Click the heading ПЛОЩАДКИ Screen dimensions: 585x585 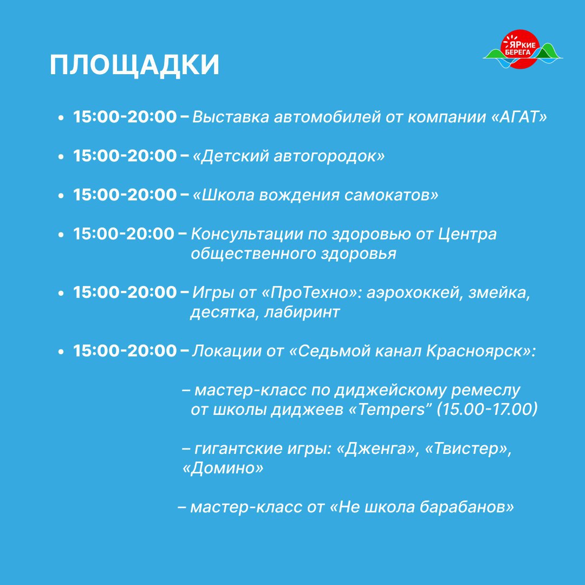click(134, 66)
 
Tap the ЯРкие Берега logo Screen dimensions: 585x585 click(523, 49)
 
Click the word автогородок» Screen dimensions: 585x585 click(329, 156)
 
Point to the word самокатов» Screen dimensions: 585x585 click(391, 195)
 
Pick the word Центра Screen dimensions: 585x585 click(467, 235)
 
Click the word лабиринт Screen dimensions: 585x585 click(302, 312)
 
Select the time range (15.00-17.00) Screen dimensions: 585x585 click(487, 409)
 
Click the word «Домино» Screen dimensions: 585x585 click(223, 467)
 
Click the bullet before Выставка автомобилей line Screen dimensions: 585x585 click(61, 118)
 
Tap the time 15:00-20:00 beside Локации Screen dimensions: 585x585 click(125, 350)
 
